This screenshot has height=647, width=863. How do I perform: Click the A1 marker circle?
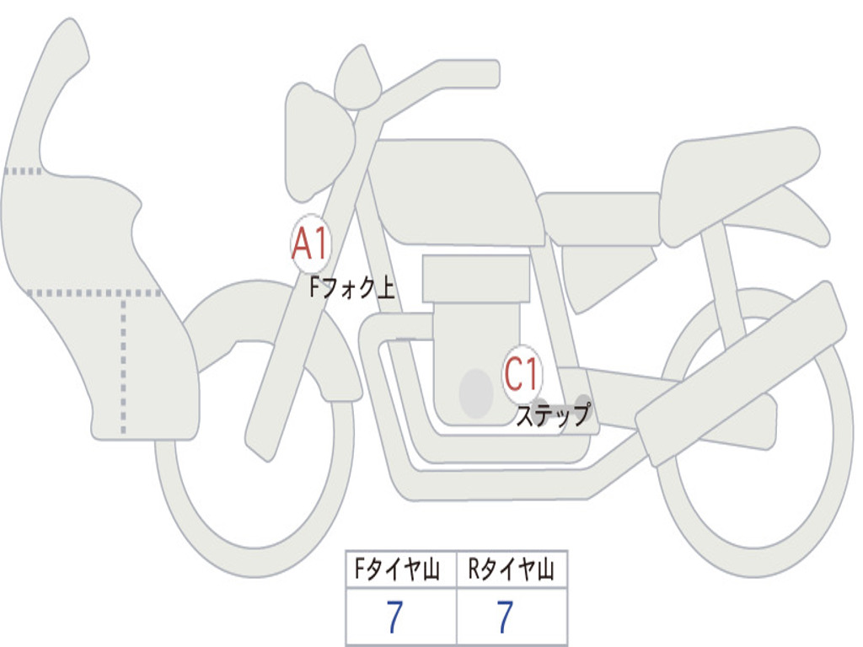311,244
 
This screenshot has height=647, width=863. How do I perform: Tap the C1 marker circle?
523,372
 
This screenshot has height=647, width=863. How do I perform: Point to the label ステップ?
553,415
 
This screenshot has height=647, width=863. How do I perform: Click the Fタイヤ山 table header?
400,571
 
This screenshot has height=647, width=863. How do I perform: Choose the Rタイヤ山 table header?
512,571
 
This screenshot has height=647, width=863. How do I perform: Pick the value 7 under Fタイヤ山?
394,618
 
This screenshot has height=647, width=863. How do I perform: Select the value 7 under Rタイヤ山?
505,618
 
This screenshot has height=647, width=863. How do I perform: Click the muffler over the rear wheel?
742,371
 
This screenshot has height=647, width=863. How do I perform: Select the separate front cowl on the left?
93,253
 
